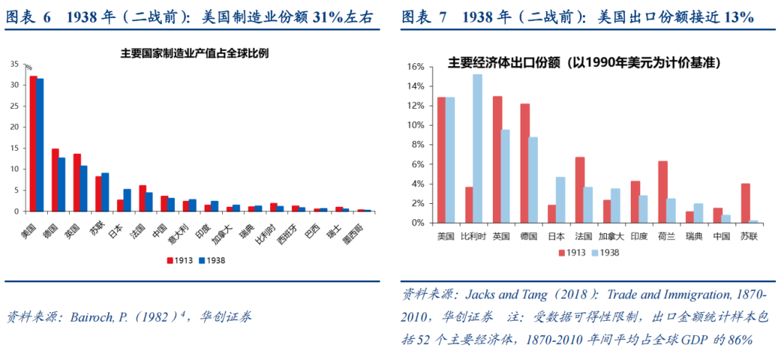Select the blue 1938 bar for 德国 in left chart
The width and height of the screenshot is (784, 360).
click(62, 184)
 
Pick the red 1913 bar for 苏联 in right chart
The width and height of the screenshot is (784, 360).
click(745, 203)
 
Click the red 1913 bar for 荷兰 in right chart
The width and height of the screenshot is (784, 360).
click(663, 192)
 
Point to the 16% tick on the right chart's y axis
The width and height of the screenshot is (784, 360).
click(415, 67)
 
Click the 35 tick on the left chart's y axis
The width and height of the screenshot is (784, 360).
click(15, 64)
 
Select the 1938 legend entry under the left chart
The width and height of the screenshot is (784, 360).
click(211, 260)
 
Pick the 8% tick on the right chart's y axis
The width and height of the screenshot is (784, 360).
click(417, 144)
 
